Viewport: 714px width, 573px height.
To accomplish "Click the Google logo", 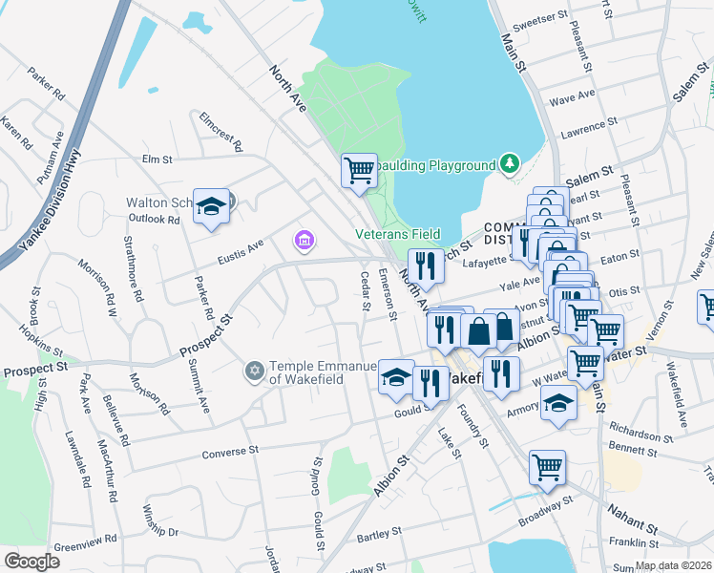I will tap(31, 562).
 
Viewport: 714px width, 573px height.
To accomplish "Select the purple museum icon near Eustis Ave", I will tap(304, 240).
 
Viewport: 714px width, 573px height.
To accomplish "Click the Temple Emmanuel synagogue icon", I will tap(254, 370).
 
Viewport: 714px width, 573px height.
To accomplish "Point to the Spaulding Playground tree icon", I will tap(511, 164).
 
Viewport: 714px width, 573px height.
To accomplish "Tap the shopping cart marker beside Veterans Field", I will tap(359, 171).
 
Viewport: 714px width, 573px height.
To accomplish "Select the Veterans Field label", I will tap(398, 234).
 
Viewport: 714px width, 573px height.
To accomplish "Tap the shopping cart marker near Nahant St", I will tap(547, 467).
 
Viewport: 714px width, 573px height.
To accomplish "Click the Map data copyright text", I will tap(673, 565).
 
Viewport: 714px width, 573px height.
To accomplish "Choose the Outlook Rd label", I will tap(154, 219).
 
